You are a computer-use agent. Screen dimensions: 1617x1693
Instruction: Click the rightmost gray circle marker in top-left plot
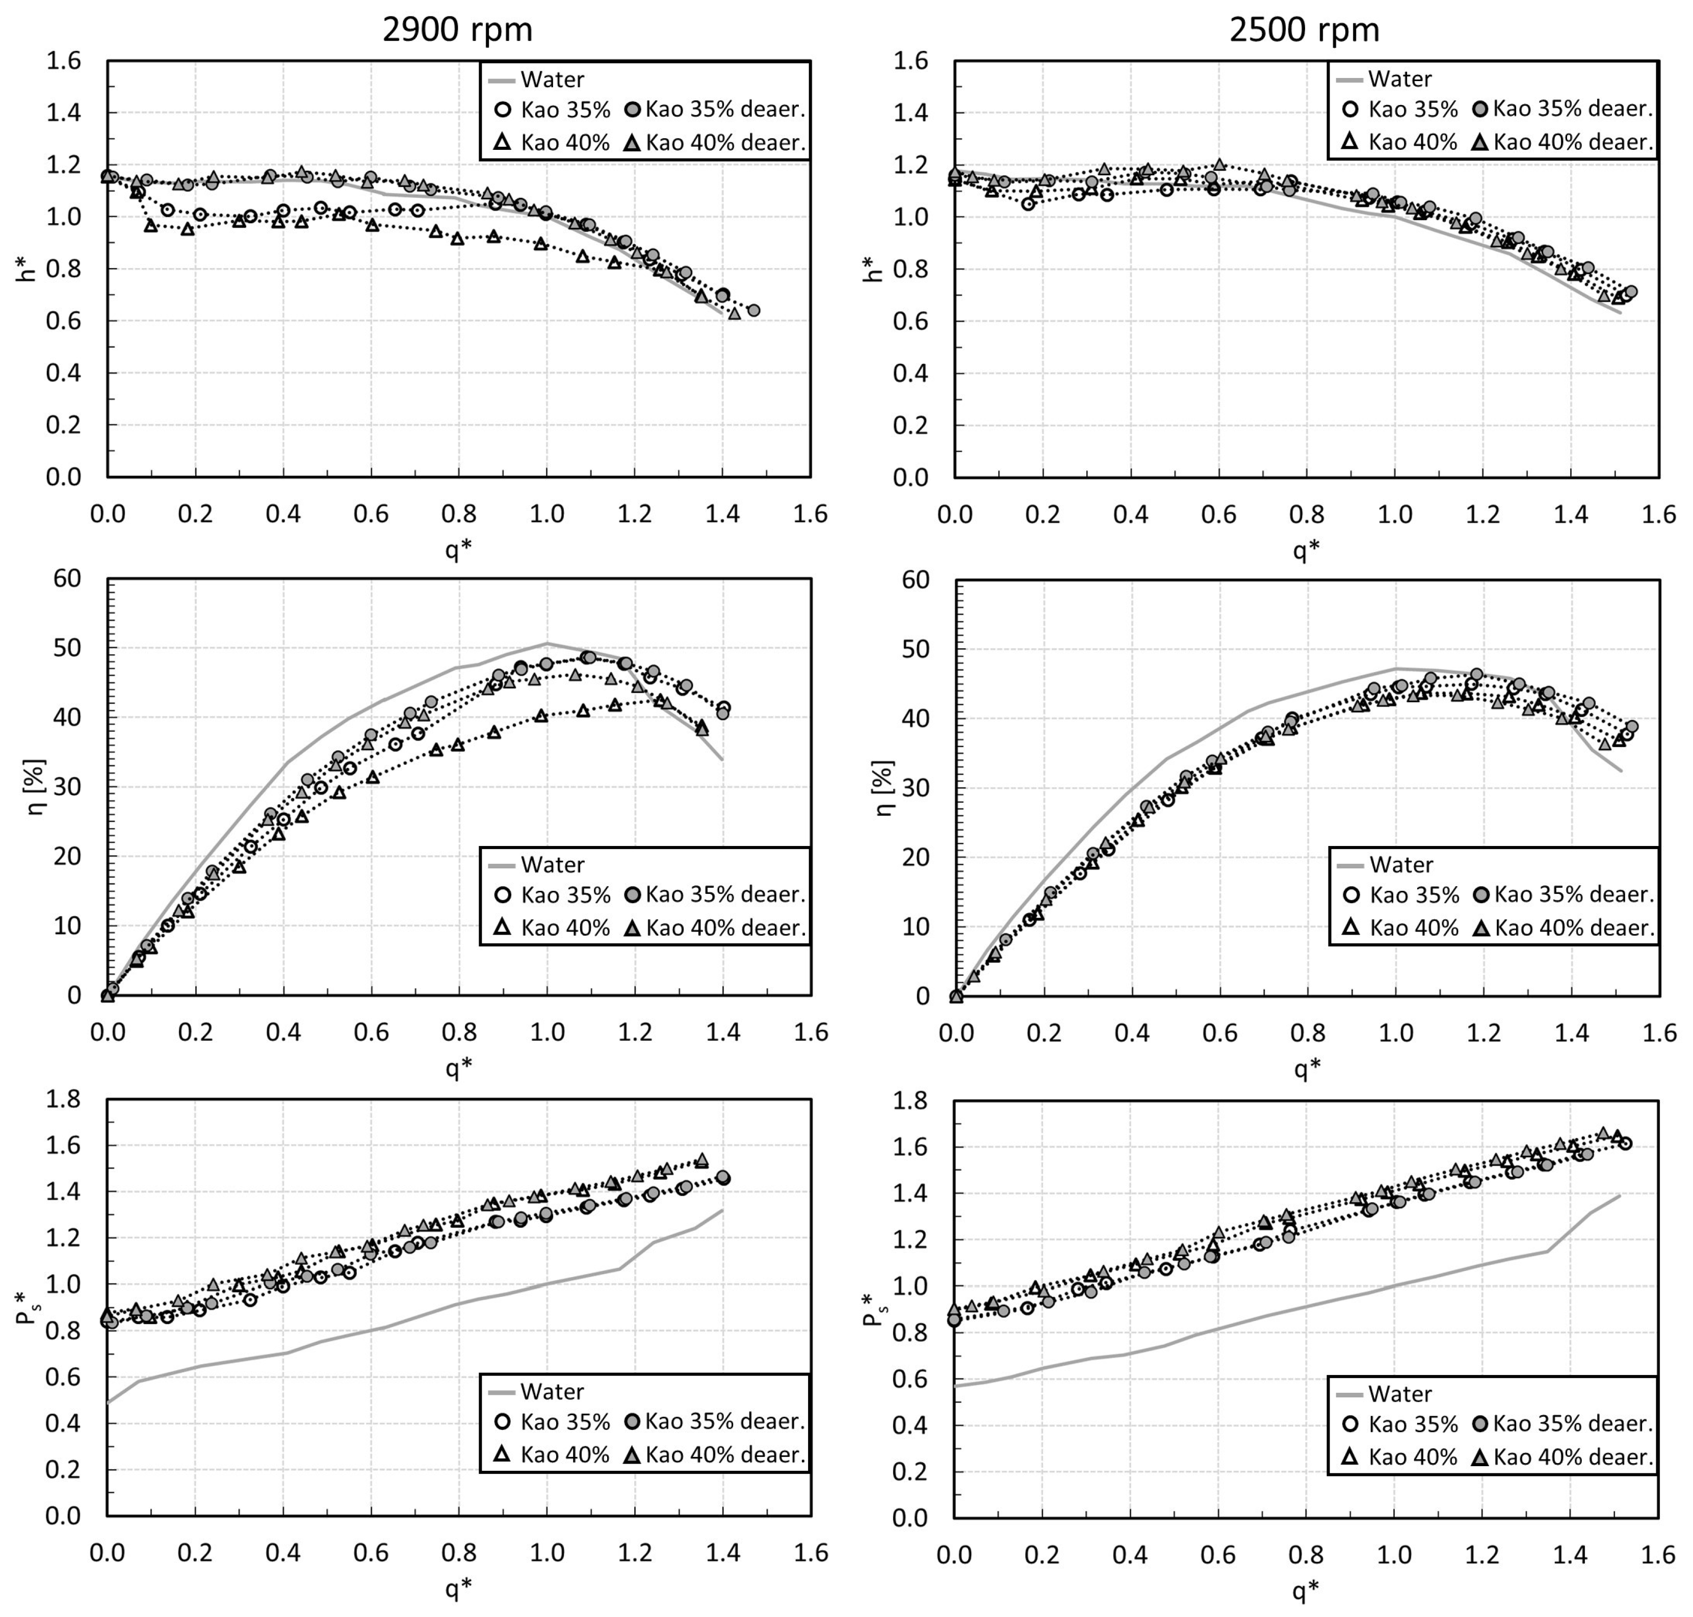pos(752,310)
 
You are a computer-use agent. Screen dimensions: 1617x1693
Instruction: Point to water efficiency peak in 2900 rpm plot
pos(546,643)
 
